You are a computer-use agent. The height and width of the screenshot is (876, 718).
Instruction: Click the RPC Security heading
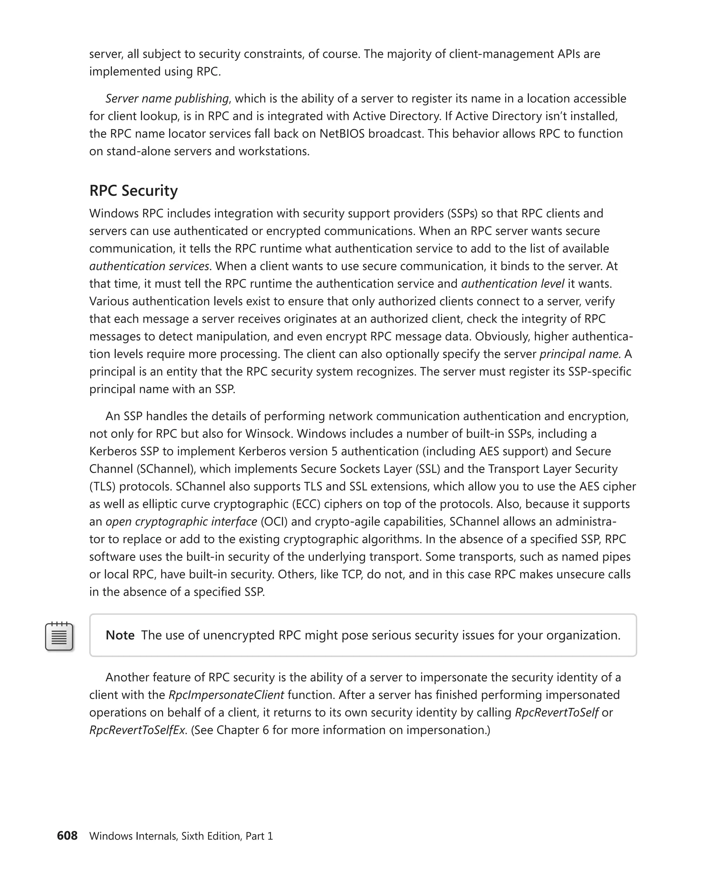[133, 191]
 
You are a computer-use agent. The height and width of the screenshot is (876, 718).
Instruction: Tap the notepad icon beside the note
[59, 636]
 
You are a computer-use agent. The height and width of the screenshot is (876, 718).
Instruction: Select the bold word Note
[120, 635]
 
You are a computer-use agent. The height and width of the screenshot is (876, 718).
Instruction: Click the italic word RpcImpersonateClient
[226, 694]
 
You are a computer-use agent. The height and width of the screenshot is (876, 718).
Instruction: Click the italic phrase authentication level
[513, 283]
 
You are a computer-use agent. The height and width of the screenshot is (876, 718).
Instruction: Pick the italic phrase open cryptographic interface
[181, 521]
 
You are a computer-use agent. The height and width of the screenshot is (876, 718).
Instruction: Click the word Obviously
[502, 336]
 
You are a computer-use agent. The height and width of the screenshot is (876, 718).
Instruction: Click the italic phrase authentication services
[149, 266]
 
